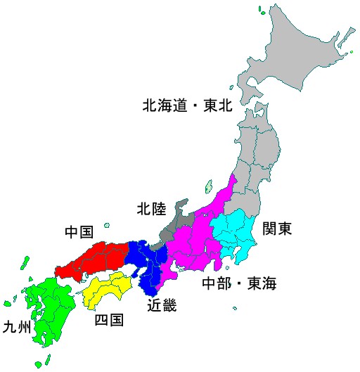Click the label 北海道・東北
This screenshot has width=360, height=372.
[x=187, y=107]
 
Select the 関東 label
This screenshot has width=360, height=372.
[x=277, y=229]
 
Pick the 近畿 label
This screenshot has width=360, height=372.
[x=162, y=305]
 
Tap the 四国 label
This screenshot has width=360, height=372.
[x=109, y=321]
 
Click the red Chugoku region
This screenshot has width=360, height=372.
[x=91, y=259]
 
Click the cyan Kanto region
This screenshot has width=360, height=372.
[x=239, y=236]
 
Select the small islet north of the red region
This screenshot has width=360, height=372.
[x=107, y=226]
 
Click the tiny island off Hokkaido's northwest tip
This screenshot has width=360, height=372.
[x=262, y=10]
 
